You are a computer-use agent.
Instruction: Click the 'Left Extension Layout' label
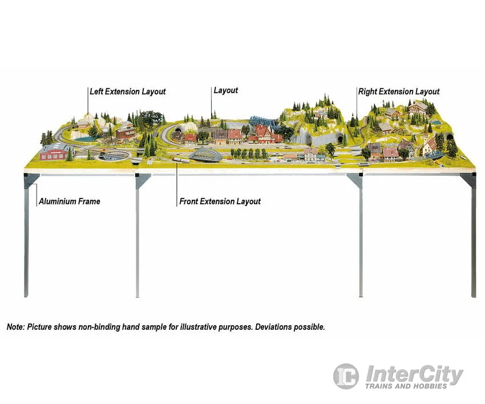(x=128, y=91)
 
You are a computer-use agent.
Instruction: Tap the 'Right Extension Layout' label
(x=399, y=91)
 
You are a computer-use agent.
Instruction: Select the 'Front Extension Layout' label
(x=220, y=201)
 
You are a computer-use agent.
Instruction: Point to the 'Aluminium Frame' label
(x=69, y=201)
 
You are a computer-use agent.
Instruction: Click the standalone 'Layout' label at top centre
(x=225, y=90)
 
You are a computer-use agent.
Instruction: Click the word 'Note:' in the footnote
(x=16, y=327)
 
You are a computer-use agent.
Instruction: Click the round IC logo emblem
(x=346, y=377)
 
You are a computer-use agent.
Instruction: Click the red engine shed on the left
(x=55, y=151)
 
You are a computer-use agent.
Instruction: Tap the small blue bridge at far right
(x=435, y=155)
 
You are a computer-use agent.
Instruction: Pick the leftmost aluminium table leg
(x=26, y=240)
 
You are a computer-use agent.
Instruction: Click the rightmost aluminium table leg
(x=473, y=240)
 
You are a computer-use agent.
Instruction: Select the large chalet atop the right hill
(x=418, y=107)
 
